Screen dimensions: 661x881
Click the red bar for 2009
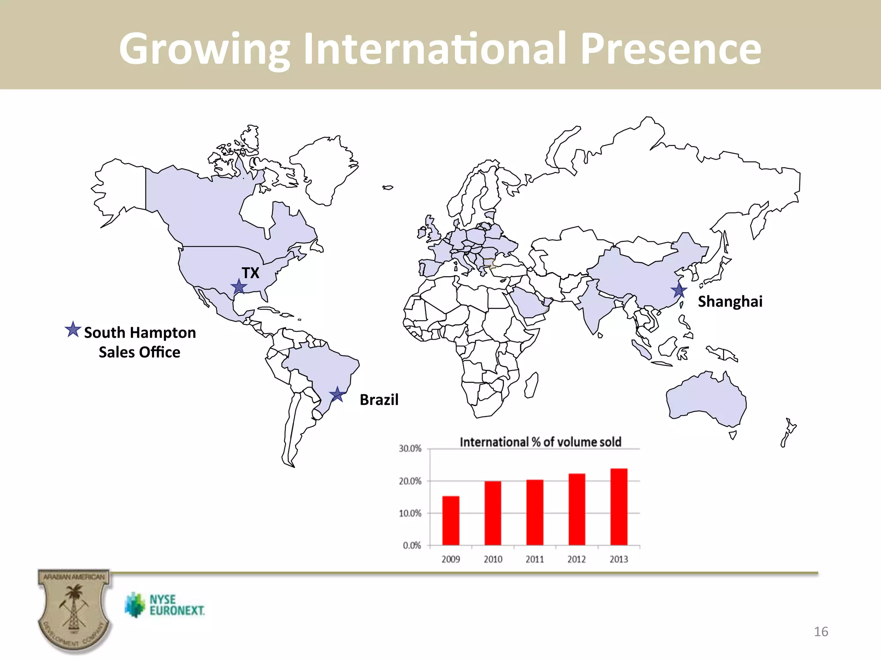[451, 521]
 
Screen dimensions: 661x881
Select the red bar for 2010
[493, 513]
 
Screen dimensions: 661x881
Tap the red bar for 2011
[535, 512]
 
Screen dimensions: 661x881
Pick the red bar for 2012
[577, 509]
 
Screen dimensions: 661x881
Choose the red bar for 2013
[619, 507]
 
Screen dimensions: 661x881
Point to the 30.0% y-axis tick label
[410, 449]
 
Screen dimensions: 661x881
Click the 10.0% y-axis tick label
[410, 513]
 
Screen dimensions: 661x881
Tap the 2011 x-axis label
[535, 559]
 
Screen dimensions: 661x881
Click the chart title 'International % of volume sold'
[540, 442]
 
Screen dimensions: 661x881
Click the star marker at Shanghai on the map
[679, 290]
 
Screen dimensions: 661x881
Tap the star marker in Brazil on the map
[337, 394]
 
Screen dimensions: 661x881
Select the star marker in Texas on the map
[239, 286]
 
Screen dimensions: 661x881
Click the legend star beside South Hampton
[73, 330]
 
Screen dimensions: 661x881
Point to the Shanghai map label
[730, 302]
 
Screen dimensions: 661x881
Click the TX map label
[250, 273]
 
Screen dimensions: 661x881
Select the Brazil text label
[379, 400]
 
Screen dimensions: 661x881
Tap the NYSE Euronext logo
[165, 605]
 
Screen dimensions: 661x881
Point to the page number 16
[821, 632]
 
